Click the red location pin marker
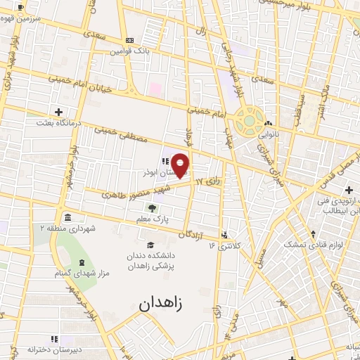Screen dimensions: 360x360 click(181, 165)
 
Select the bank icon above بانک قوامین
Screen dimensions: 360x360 click(129, 41)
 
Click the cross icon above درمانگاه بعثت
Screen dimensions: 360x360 click(58, 112)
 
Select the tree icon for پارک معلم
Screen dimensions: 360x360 click(151, 207)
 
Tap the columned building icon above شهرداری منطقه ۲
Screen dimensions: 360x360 click(67, 217)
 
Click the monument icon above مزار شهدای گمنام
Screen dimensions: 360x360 click(82, 262)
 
